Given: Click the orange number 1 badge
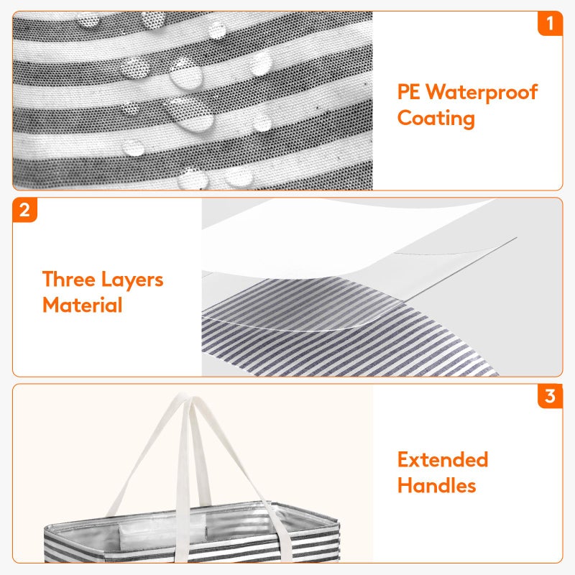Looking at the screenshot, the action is click(x=550, y=24).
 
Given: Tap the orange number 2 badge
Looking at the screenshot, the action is click(x=24, y=210).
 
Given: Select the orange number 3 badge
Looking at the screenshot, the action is click(x=550, y=396).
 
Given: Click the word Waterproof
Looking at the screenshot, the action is click(x=482, y=93).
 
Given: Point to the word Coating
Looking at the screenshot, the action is click(x=436, y=119).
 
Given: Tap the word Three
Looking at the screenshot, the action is click(x=69, y=279).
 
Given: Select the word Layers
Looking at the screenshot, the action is click(x=132, y=280).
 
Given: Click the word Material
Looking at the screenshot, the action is click(x=83, y=305).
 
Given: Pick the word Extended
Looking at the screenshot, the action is click(x=443, y=459).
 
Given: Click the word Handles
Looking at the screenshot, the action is click(x=437, y=486).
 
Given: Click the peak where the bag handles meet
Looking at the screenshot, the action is click(x=186, y=397).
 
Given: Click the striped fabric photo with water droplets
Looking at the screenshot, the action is click(x=193, y=101).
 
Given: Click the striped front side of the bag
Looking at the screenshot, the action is click(x=190, y=550).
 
